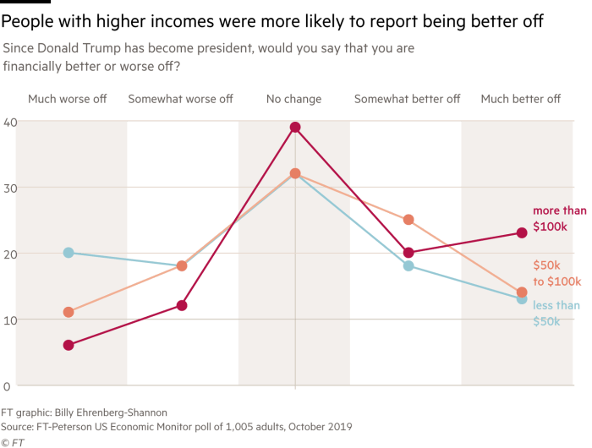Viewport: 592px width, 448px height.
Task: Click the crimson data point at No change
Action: (294, 128)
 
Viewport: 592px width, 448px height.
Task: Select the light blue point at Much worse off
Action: (69, 253)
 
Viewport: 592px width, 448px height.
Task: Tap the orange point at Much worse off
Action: (69, 312)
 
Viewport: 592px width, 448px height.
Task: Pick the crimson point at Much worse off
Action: (69, 345)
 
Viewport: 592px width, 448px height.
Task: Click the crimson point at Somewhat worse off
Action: (181, 305)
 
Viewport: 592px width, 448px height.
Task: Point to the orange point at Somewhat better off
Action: (408, 220)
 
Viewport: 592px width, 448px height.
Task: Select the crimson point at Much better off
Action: (522, 232)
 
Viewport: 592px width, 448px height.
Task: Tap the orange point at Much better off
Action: (522, 292)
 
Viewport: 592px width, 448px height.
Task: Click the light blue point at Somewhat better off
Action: (408, 265)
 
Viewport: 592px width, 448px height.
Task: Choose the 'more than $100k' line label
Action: (558, 219)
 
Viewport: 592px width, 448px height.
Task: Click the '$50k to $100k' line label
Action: (556, 273)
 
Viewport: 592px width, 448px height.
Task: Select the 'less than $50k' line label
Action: (556, 313)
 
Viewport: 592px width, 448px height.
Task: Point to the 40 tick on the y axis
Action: (9, 122)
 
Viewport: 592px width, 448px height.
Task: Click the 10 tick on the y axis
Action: (9, 320)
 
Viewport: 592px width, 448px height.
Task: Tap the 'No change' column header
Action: (293, 99)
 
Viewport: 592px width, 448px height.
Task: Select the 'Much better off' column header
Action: (520, 99)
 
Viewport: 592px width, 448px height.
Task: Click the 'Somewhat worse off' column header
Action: (180, 99)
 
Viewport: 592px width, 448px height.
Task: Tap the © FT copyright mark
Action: (13, 441)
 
